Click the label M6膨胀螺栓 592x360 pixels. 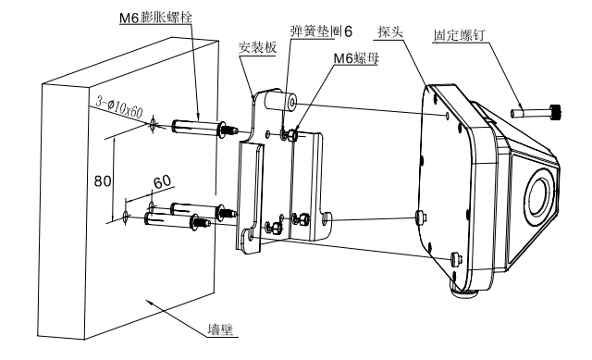click(155, 18)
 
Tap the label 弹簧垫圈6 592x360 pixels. click(322, 31)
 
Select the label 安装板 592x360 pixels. click(257, 47)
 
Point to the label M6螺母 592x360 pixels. click(356, 58)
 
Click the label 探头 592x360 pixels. click(390, 31)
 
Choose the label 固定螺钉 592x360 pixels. click(459, 35)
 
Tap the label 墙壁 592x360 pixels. click(221, 329)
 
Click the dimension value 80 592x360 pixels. click(103, 181)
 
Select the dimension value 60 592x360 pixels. click(163, 182)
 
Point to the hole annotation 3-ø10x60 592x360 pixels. click(119, 107)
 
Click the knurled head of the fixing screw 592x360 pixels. click(557, 112)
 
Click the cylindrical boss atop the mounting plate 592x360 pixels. click(280, 101)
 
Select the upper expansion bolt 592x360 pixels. click(204, 128)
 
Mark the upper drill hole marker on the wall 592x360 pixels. click(153, 124)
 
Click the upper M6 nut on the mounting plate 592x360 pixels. click(293, 135)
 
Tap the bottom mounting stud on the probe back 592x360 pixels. click(457, 259)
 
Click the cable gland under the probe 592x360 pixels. click(465, 292)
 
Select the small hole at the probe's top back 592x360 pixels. click(447, 115)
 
